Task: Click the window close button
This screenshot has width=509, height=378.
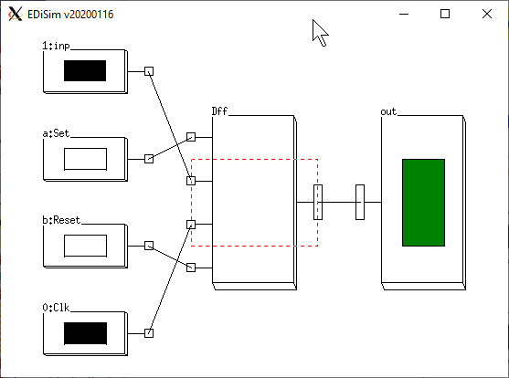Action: tap(487, 14)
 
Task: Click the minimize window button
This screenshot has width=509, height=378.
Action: tap(404, 15)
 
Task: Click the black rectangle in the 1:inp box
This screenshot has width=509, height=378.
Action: tap(85, 70)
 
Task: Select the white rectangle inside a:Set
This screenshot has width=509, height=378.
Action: tap(85, 159)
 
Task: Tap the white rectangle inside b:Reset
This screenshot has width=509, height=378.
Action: tap(85, 246)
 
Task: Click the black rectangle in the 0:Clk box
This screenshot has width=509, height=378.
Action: tap(85, 333)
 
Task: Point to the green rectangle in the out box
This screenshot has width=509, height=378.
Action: tap(424, 203)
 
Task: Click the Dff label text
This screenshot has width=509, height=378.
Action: tap(219, 111)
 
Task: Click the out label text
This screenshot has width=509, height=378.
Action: tap(388, 112)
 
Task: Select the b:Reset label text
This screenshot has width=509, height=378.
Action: tap(61, 220)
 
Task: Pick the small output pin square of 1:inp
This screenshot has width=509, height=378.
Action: tap(149, 71)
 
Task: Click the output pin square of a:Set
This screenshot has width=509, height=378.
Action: tap(149, 159)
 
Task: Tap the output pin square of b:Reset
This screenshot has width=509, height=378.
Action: tap(149, 246)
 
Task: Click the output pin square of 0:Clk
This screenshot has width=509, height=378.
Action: tap(149, 333)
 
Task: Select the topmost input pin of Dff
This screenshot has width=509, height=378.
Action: tap(191, 137)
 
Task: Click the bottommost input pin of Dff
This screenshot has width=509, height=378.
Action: tap(191, 268)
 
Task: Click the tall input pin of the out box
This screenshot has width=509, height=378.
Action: tap(360, 202)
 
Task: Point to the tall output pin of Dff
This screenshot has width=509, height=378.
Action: tap(318, 202)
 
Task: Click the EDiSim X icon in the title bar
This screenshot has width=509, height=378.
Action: tap(16, 15)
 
